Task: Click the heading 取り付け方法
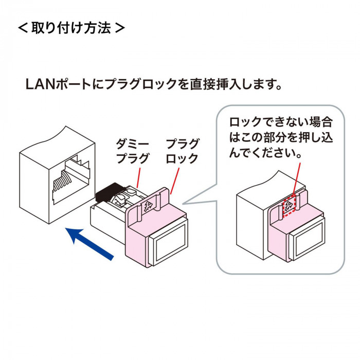pyautogui.click(x=71, y=28)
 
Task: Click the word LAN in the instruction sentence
pyautogui.click(x=40, y=84)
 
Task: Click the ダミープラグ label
pyautogui.click(x=133, y=151)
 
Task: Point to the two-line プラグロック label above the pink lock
pyautogui.click(x=182, y=151)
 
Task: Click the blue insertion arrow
pyautogui.click(x=89, y=244)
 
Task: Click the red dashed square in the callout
pyautogui.click(x=289, y=204)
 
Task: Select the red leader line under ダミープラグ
pyautogui.click(x=139, y=178)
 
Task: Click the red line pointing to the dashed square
pyautogui.click(x=297, y=178)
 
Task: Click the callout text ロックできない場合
pyautogui.click(x=281, y=122)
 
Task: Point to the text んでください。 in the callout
pyautogui.click(x=265, y=152)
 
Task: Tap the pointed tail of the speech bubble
pyautogui.click(x=184, y=204)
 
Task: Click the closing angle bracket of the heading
pyautogui.click(x=120, y=28)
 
